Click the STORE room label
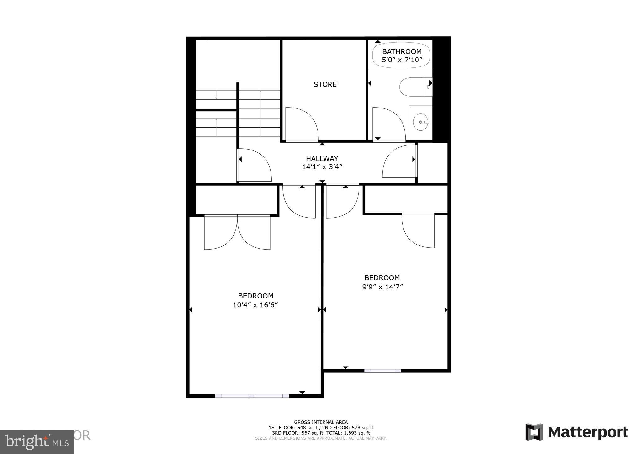[325, 84]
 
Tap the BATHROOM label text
[402, 51]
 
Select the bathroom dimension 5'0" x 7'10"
[402, 60]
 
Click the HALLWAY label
[322, 159]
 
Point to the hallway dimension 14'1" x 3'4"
[322, 167]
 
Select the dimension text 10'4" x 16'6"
[255, 305]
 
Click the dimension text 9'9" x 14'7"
[382, 287]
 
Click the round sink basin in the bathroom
[420, 122]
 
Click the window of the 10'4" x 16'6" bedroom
[252, 396]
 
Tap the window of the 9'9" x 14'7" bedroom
[382, 371]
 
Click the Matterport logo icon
[534, 432]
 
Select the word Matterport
[588, 432]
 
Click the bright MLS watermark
[37, 442]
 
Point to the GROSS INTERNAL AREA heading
[321, 422]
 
